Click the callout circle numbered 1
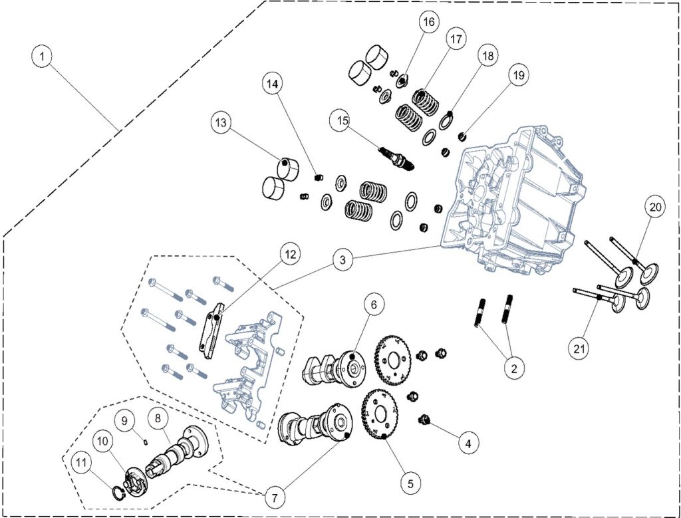(42, 57)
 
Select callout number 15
(342, 121)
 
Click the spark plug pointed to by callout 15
(398, 157)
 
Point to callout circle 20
(654, 207)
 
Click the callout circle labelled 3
(342, 260)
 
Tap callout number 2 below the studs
(512, 366)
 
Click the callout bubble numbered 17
(455, 40)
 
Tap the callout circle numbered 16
(428, 22)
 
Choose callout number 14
(271, 84)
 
